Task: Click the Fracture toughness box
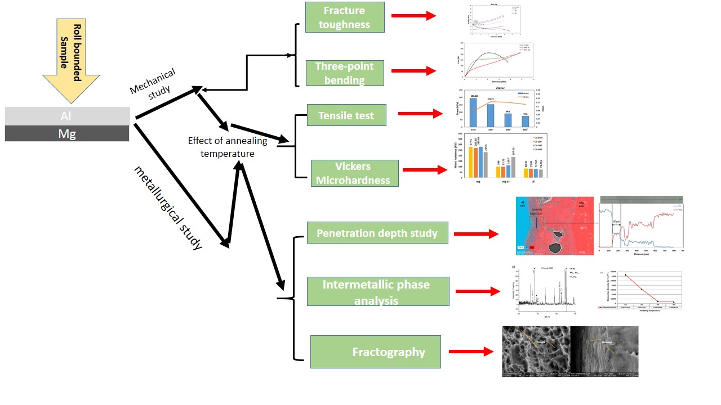(x=345, y=17)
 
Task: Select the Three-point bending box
(x=344, y=73)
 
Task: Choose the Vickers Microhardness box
(x=354, y=173)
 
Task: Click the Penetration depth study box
(x=377, y=232)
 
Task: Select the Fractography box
(x=376, y=352)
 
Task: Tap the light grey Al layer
(x=67, y=116)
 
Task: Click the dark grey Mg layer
(x=67, y=133)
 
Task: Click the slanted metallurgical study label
(x=168, y=208)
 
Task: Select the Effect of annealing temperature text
(x=228, y=147)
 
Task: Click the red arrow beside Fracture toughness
(x=413, y=16)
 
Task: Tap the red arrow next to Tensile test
(x=420, y=114)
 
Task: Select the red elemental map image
(x=555, y=226)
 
